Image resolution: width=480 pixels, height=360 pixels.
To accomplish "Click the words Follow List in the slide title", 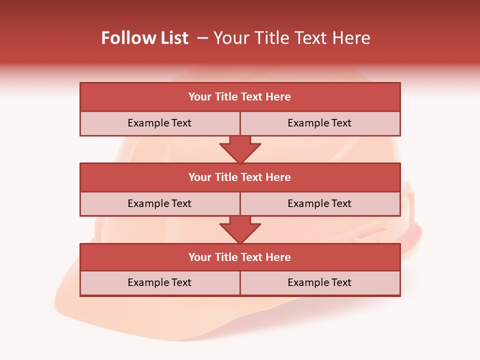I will (145, 38).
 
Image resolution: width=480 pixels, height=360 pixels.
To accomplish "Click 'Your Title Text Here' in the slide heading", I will (292, 38).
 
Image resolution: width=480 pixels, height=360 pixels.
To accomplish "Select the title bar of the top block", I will (239, 97).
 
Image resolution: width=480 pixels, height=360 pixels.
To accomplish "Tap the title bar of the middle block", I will (239, 177).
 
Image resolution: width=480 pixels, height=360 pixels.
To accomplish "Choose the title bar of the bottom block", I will (239, 257).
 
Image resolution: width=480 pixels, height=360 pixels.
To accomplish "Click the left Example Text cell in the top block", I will (159, 123).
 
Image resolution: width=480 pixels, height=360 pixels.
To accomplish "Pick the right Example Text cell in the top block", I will (319, 123).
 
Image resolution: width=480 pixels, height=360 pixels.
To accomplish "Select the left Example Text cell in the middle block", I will (159, 203).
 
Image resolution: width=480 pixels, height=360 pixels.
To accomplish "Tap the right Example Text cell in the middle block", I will (319, 203).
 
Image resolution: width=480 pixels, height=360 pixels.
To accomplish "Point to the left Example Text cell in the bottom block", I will (159, 282).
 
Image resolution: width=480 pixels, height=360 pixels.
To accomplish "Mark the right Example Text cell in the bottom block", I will (319, 282).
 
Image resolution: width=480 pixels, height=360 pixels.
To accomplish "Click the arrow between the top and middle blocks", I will (240, 149).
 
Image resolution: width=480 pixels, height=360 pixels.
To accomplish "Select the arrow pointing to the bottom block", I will (240, 229).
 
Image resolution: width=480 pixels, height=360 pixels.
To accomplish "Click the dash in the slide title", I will (203, 38).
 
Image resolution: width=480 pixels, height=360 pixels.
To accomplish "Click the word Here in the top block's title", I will (278, 97).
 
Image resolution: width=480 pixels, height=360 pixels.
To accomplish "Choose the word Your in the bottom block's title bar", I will (200, 257).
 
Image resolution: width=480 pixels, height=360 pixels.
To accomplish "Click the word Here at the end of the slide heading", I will (353, 38).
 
